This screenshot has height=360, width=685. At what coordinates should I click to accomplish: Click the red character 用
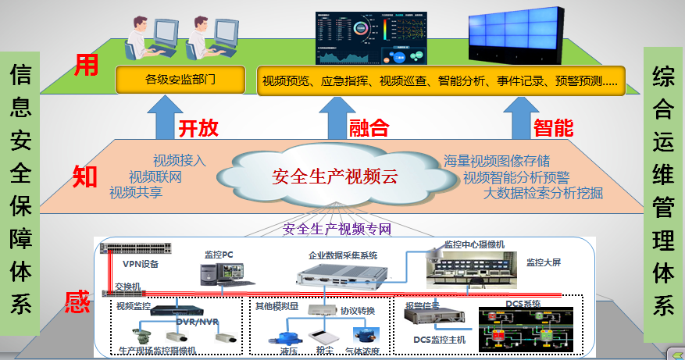pyautogui.click(x=87, y=66)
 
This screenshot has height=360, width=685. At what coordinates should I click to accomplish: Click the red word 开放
pyautogui.click(x=198, y=128)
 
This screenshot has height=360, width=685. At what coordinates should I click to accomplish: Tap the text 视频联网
pyautogui.click(x=155, y=177)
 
